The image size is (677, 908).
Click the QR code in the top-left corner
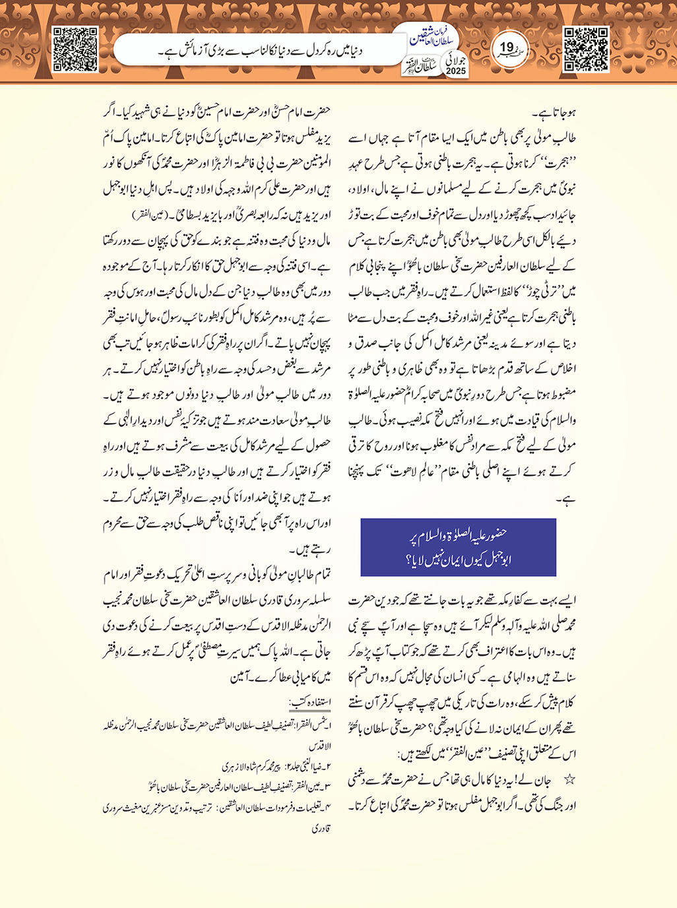point(75,49)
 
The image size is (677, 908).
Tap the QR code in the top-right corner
point(586,49)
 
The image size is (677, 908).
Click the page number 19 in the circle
point(507,48)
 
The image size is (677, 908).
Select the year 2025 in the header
point(455,71)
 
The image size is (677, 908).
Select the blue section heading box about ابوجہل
point(458,547)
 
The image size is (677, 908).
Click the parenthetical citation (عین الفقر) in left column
point(152,216)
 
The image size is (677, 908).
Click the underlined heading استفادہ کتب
point(309,701)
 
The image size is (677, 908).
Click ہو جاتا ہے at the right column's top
point(557,113)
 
